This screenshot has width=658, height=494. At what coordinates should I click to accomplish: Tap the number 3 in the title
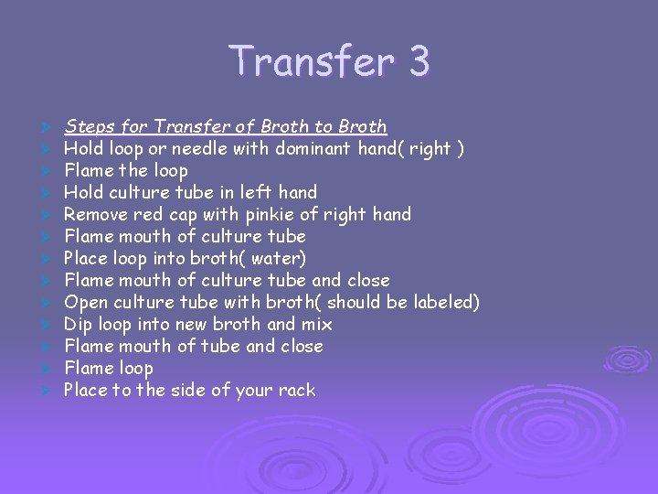coord(419,61)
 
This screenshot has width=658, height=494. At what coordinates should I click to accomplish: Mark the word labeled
coord(442,302)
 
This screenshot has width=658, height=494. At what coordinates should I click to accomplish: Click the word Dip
coord(78,324)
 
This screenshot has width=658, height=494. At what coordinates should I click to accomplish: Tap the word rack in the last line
coord(296,390)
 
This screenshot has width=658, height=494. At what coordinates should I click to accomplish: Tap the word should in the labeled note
coord(356,302)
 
